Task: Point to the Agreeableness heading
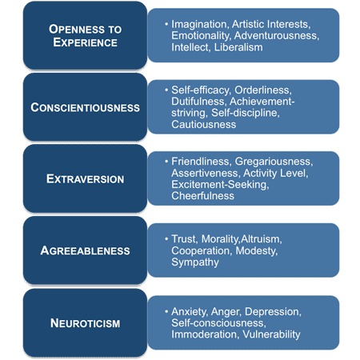[x=85, y=250]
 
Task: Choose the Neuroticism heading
[x=84, y=322]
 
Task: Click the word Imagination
[x=206, y=23]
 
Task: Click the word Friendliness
[x=204, y=162]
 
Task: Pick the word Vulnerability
[x=268, y=334]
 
